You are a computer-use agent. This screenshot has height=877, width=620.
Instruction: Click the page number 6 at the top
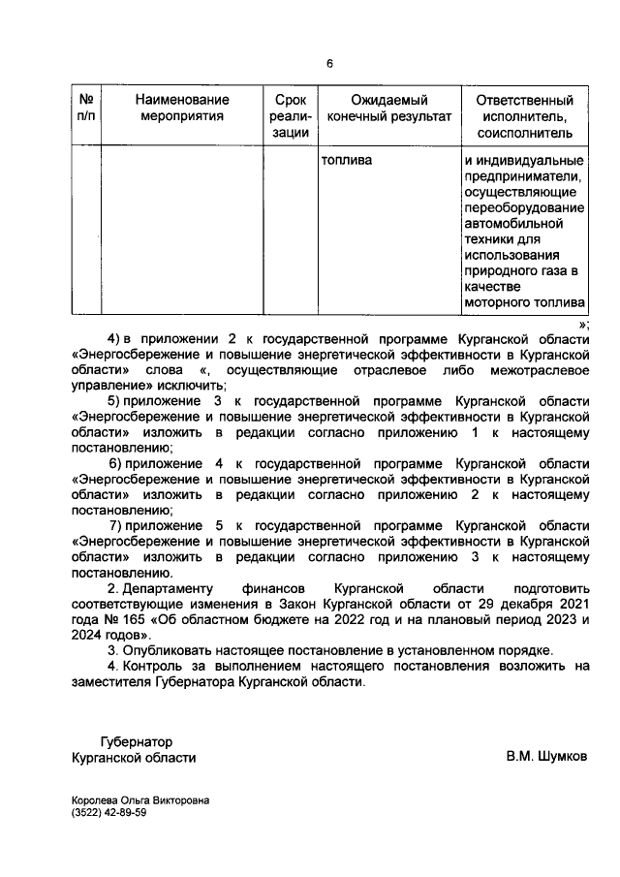[x=329, y=64]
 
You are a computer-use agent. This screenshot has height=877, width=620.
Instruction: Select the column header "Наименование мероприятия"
[x=182, y=108]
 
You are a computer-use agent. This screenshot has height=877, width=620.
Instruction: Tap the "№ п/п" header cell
[x=86, y=108]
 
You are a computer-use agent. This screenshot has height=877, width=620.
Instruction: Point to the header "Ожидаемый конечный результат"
[x=389, y=108]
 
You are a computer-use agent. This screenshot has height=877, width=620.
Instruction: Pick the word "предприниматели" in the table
[x=523, y=176]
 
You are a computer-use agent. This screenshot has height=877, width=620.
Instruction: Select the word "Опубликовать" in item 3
[x=169, y=649]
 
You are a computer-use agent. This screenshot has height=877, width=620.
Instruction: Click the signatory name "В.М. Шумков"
[x=545, y=756]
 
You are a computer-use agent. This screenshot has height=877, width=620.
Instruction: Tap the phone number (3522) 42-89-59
[x=109, y=814]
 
